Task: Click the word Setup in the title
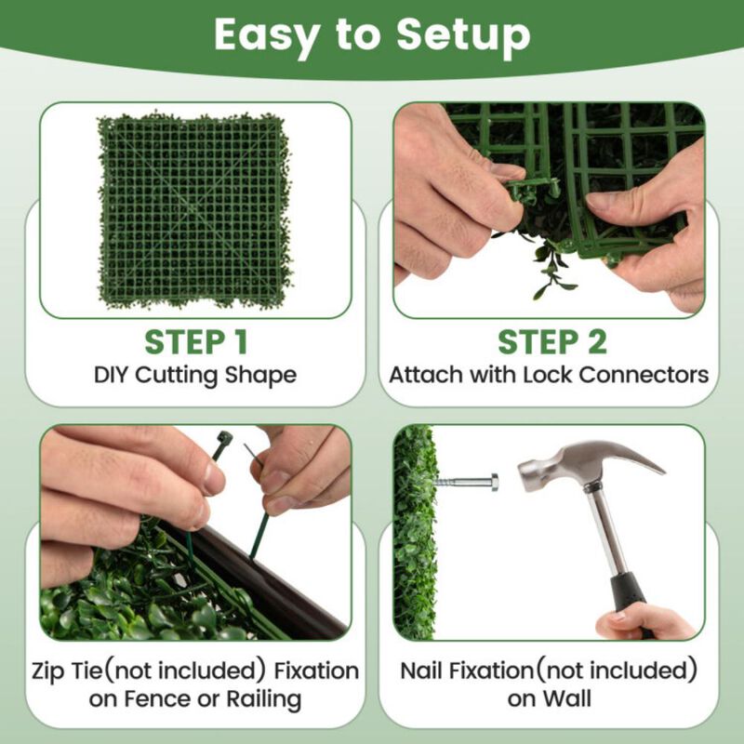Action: click(463, 35)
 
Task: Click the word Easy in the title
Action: click(260, 35)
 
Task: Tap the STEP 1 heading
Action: click(195, 341)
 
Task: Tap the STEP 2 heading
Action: click(551, 341)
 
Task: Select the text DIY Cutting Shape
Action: click(195, 376)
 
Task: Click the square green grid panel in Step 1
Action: click(195, 212)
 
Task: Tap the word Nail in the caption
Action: click(425, 671)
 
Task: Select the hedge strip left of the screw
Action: click(414, 530)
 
